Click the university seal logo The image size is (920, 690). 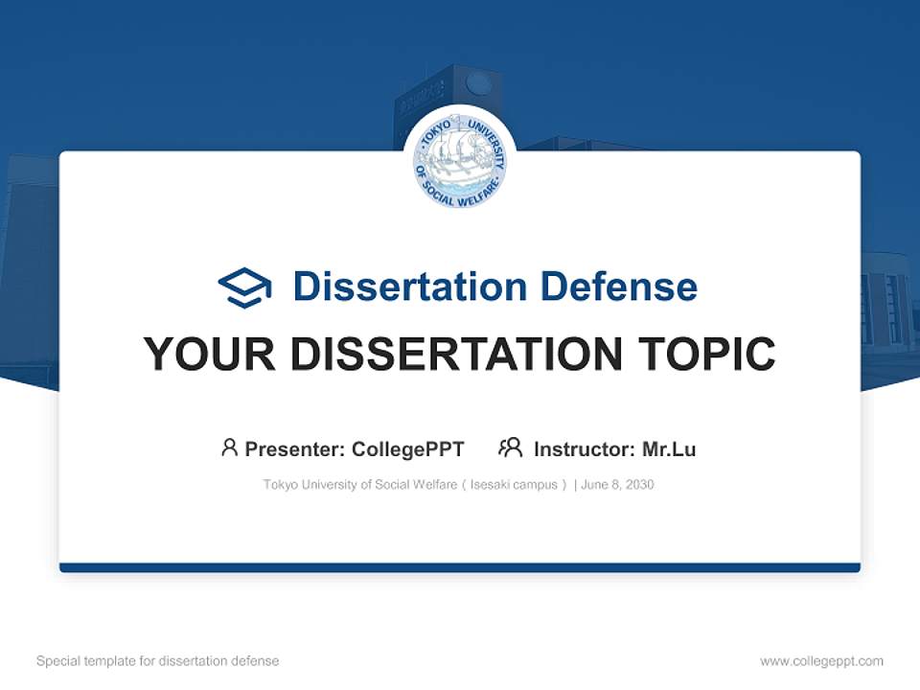pyautogui.click(x=460, y=162)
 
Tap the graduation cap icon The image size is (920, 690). pyautogui.click(x=244, y=287)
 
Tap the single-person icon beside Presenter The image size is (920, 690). pyautogui.click(x=229, y=448)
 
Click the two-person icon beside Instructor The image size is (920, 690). pyautogui.click(x=510, y=448)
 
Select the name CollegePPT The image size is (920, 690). pyautogui.click(x=407, y=449)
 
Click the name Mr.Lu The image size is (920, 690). pyautogui.click(x=669, y=449)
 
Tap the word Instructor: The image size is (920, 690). pyautogui.click(x=584, y=449)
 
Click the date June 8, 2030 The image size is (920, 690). pyautogui.click(x=617, y=485)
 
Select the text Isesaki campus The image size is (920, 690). pyautogui.click(x=514, y=485)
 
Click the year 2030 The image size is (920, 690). pyautogui.click(x=639, y=485)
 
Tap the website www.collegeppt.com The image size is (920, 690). pyautogui.click(x=821, y=661)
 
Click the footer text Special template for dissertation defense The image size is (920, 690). pyautogui.click(x=158, y=661)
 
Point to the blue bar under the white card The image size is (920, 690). pyautogui.click(x=460, y=567)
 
